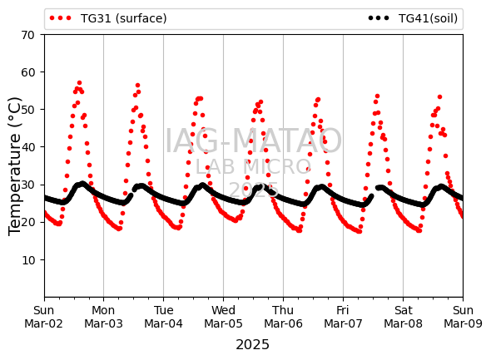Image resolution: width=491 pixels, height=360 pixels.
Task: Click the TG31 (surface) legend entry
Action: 108,18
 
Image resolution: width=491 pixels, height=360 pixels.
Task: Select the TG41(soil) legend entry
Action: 413,18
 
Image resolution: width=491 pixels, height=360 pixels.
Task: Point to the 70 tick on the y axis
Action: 27,35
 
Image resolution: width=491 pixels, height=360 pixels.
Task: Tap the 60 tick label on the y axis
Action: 27,72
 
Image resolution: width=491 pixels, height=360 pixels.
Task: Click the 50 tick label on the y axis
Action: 27,110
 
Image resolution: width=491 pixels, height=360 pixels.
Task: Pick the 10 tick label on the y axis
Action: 27,260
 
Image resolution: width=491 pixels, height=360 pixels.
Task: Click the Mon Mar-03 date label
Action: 103,317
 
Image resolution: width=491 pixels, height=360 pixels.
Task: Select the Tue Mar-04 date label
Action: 163,317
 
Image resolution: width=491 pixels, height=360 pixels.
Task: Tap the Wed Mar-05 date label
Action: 223,317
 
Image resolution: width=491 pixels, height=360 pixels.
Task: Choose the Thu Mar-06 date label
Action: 283,317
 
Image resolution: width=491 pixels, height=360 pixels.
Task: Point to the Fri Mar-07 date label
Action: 343,317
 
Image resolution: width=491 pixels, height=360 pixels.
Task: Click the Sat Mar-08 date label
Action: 403,317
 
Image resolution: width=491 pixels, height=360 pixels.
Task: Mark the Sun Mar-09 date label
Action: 463,317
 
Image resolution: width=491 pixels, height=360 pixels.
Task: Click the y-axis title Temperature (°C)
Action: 14,166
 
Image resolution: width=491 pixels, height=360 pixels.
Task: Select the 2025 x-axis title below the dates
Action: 252,345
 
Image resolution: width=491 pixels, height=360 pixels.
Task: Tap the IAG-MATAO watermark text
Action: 253,141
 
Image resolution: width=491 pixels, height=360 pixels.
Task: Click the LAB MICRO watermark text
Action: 253,167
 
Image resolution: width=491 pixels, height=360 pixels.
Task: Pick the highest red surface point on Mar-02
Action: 79,83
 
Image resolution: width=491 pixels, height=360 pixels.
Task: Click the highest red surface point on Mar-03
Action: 137,85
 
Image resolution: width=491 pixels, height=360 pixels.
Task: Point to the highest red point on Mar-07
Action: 377,96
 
